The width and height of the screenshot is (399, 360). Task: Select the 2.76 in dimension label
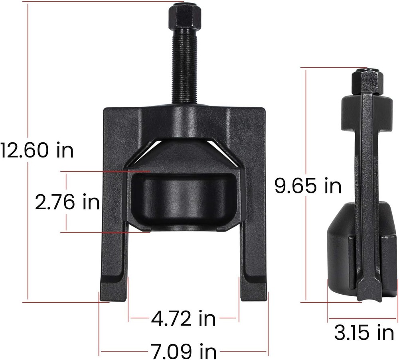(x=67, y=202)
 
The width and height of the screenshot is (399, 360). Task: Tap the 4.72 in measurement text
(x=184, y=319)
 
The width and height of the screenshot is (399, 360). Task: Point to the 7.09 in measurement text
(x=184, y=352)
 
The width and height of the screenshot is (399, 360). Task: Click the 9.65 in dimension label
(x=308, y=185)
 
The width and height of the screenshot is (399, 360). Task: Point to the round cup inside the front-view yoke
(x=184, y=199)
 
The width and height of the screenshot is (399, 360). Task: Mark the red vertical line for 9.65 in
(x=306, y=239)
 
